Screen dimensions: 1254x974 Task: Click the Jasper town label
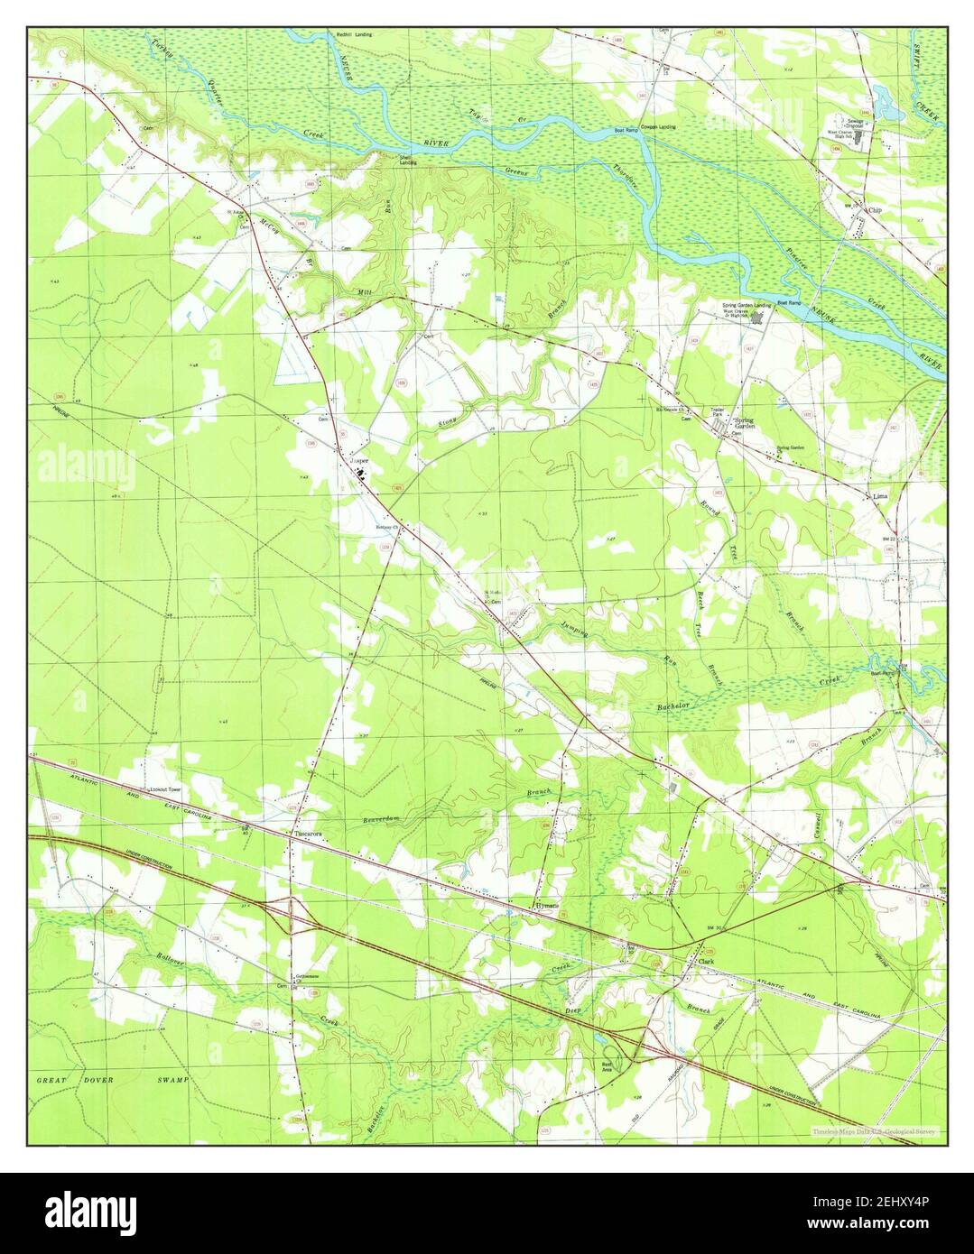pyautogui.click(x=359, y=459)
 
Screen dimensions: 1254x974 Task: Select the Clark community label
pyautogui.click(x=706, y=962)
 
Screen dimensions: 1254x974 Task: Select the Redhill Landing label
pyautogui.click(x=355, y=34)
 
